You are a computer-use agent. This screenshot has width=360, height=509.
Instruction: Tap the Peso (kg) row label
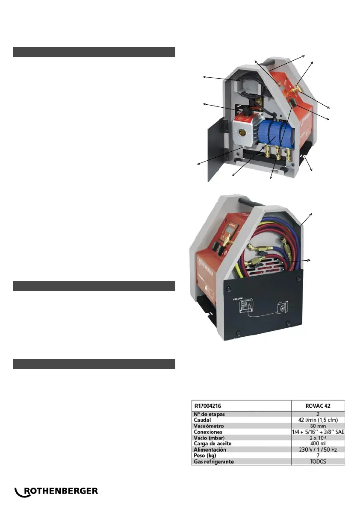pos(207,456)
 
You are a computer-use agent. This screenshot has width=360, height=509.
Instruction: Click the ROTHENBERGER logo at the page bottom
pos(56,491)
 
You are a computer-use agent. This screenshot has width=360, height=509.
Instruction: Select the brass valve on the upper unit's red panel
pos(295,90)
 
